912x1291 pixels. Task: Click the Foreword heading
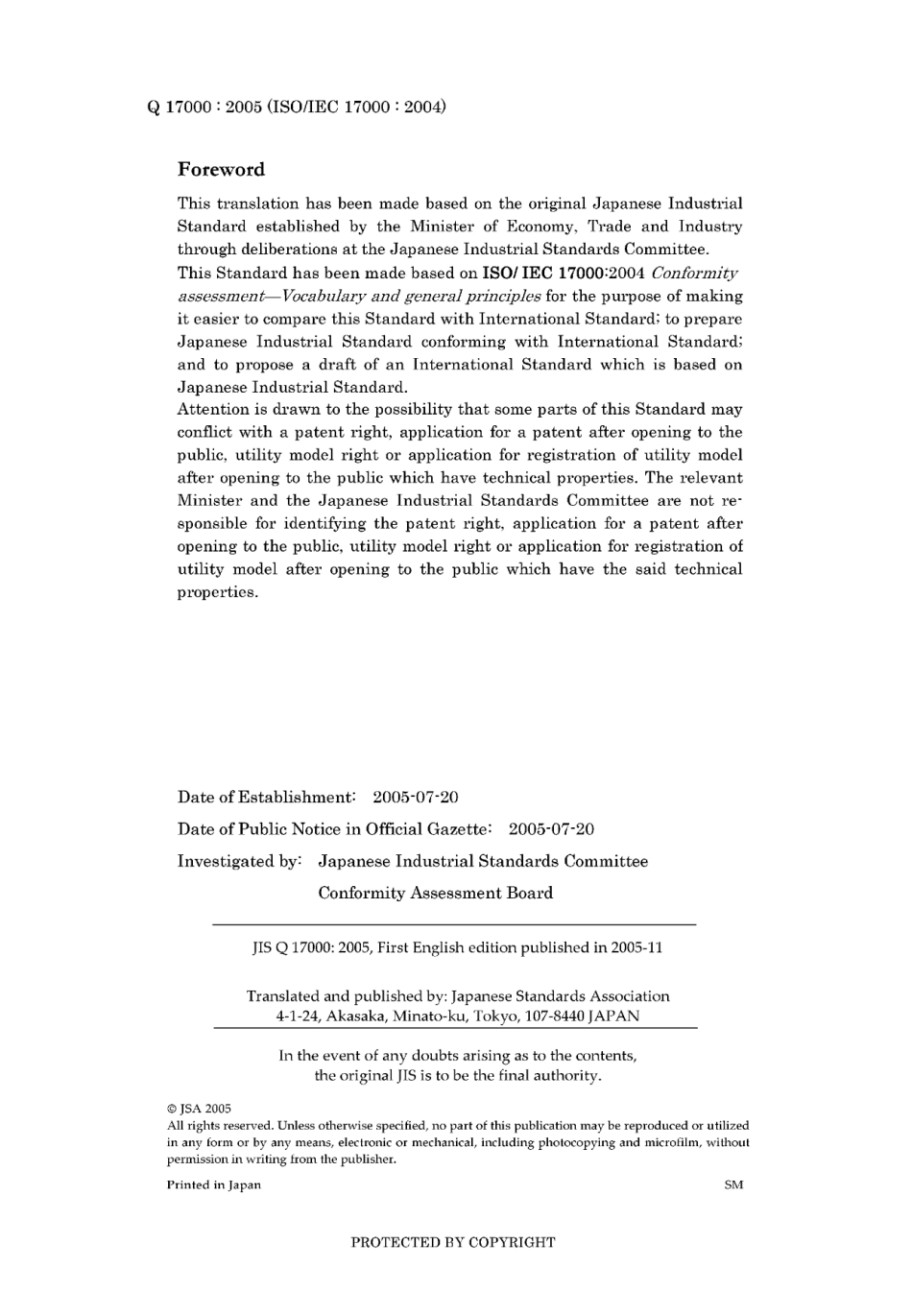tap(221, 170)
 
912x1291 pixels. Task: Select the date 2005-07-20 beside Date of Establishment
tap(415, 798)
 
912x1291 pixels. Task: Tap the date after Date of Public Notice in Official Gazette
tap(551, 829)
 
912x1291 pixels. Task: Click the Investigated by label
tap(239, 861)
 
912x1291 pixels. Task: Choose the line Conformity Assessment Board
tap(435, 893)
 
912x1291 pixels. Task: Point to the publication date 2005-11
tap(637, 947)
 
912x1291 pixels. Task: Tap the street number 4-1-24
tap(299, 1016)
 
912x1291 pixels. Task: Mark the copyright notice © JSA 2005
tap(199, 1109)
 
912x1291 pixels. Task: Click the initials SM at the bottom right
tap(733, 1184)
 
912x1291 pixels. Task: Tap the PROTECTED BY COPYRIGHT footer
tap(453, 1242)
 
